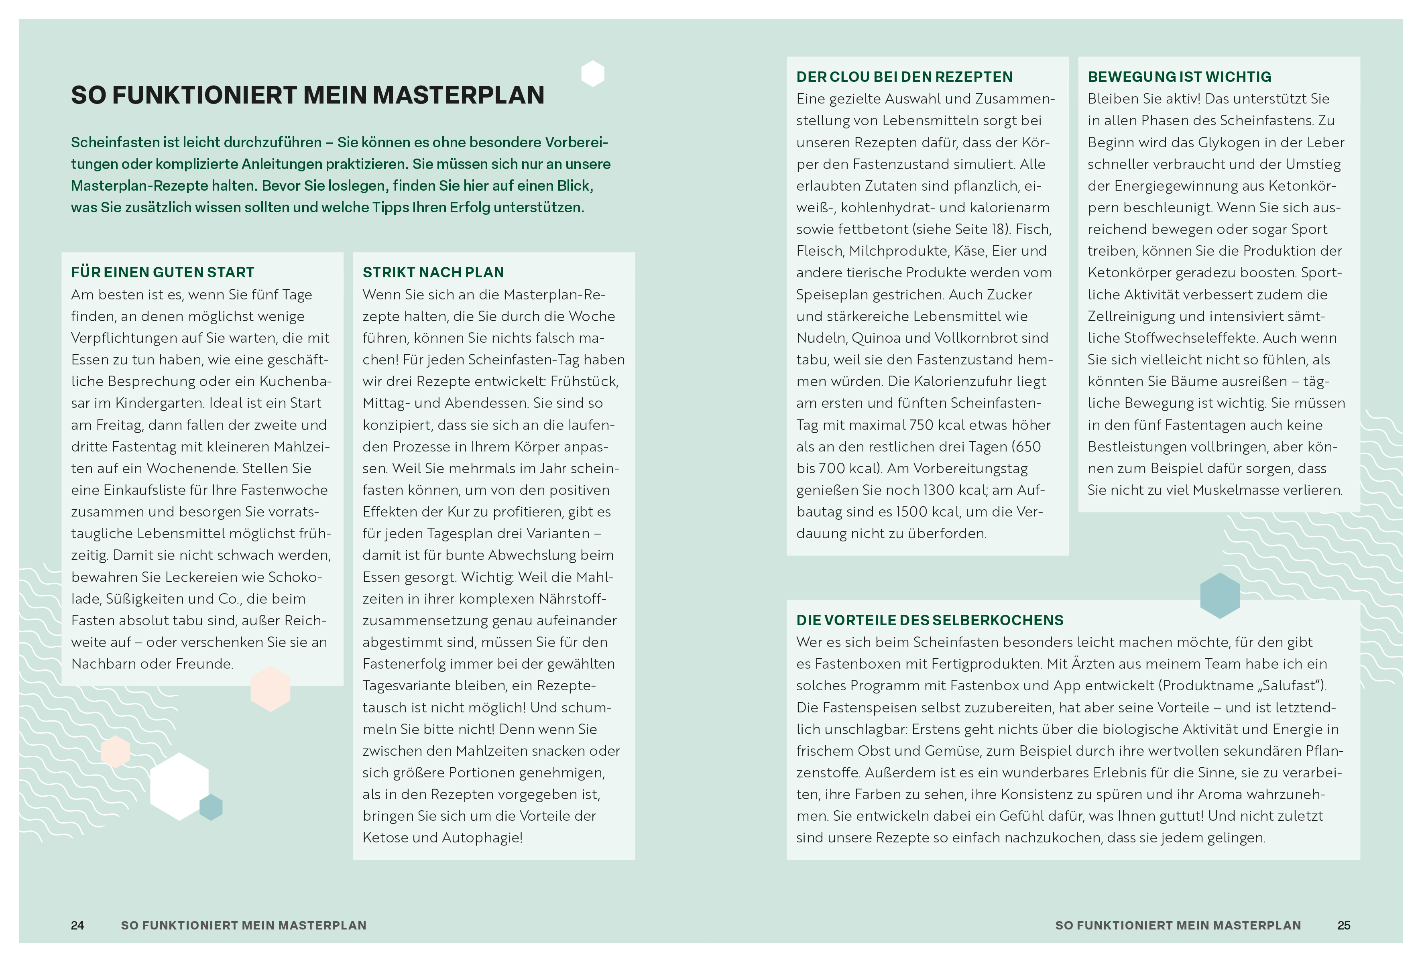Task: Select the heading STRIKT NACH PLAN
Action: click(433, 273)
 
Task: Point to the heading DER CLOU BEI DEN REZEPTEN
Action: click(904, 77)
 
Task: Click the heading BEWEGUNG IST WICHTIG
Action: click(1179, 77)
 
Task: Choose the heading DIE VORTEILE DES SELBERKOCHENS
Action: click(930, 620)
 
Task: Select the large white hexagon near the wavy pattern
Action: click(179, 786)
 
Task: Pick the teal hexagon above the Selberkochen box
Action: click(1219, 596)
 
